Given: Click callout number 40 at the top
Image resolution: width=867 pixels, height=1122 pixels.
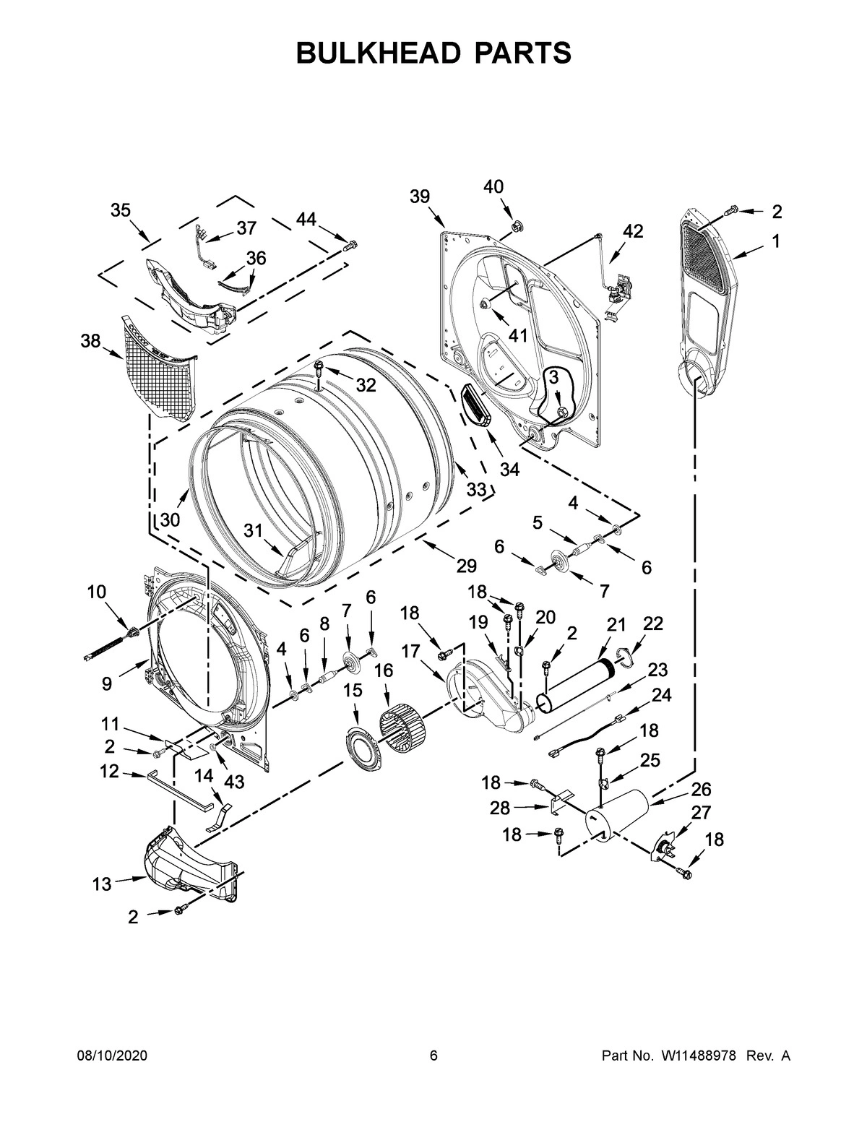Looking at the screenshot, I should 493,187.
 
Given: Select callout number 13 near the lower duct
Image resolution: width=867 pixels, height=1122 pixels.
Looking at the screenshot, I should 102,884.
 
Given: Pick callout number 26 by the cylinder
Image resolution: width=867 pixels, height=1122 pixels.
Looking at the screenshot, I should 701,789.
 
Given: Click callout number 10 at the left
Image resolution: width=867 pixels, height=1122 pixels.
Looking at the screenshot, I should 96,592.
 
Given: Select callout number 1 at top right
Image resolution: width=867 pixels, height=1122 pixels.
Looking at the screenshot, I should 775,242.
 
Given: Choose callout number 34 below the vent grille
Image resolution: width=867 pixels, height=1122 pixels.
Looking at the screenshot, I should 509,469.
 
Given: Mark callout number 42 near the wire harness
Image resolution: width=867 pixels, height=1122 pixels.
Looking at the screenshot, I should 633,231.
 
